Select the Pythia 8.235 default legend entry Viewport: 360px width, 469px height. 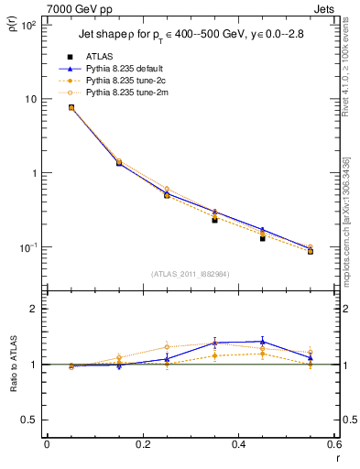click(x=127, y=69)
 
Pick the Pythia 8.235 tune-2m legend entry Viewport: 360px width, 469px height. click(x=127, y=93)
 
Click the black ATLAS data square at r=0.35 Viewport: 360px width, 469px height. click(x=214, y=220)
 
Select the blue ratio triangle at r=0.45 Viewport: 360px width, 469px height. click(x=262, y=342)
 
